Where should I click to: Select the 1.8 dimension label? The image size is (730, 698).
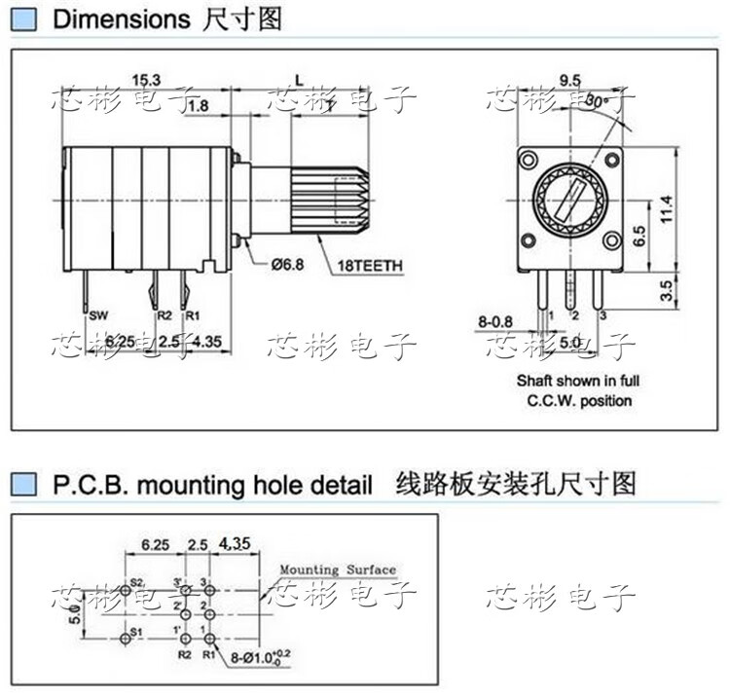pos(197,105)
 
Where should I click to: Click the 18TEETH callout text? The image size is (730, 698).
pos(371,265)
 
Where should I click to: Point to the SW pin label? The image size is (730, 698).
pos(98,315)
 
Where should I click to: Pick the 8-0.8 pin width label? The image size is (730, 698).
pos(496,319)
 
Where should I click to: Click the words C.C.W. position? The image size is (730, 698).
pos(579,400)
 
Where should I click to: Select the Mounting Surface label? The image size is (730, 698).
pos(338,569)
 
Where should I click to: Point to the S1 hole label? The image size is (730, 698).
pos(136,632)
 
